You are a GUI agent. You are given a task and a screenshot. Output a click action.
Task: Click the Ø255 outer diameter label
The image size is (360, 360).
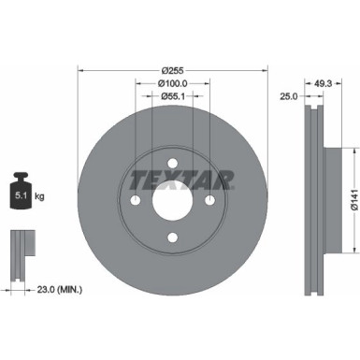click(171, 70)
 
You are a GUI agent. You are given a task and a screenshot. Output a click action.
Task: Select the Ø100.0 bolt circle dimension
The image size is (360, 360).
click(171, 83)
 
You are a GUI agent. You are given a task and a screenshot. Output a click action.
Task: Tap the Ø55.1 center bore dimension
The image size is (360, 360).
click(171, 96)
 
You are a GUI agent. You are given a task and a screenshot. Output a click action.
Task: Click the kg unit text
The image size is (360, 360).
click(39, 198)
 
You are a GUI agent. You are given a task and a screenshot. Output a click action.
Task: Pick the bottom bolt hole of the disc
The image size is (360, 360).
click(171, 238)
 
